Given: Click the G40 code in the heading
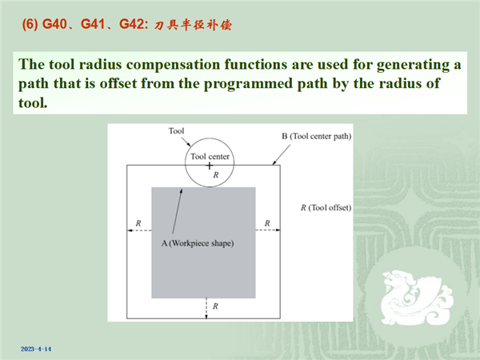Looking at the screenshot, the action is point(54,24).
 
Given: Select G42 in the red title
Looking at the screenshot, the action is point(131,24).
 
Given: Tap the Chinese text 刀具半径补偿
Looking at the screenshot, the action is point(193,25).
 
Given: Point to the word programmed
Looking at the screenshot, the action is point(248,84).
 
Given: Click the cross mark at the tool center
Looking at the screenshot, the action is point(210,166).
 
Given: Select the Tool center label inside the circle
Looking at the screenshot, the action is point(210,157).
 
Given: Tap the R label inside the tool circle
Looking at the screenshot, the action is point(216,175).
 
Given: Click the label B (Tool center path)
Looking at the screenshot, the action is point(317,136).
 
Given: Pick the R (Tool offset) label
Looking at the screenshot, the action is point(326,208).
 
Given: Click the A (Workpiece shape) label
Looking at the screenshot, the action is point(198,243).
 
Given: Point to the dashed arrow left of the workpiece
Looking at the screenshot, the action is point(139,230).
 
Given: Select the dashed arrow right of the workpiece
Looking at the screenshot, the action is point(268,230).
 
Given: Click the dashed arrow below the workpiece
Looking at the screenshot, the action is point(206,309).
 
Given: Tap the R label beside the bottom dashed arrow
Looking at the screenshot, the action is point(215,306).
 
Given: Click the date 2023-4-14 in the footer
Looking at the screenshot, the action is point(36,349).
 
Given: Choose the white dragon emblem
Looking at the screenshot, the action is point(417,298).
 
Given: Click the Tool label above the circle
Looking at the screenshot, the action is point(176,131).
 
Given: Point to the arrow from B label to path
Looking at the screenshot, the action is point(282,155).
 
